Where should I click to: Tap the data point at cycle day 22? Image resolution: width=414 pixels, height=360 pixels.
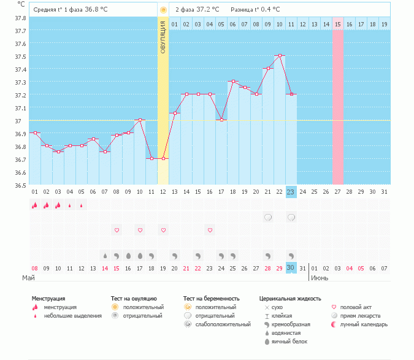(280, 55)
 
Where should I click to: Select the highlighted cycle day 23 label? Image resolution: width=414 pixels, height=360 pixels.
(291, 191)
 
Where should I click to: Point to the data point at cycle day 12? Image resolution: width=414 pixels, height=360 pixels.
(163, 158)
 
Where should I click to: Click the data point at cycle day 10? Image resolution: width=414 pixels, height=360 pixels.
(140, 120)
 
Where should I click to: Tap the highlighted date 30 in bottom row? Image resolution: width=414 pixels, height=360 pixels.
(291, 268)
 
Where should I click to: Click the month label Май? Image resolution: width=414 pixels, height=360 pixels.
(28, 278)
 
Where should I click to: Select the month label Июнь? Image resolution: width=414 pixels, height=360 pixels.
(319, 278)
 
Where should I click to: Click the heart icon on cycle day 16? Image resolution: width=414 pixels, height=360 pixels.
(210, 230)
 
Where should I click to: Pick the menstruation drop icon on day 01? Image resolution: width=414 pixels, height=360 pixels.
(34, 205)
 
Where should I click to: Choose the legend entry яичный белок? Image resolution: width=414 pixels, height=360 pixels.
(289, 342)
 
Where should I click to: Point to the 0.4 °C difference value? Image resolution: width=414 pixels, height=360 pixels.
(269, 10)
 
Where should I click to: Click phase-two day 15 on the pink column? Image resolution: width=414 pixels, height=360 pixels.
(338, 24)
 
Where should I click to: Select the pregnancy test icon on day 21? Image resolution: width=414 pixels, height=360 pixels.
(268, 217)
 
